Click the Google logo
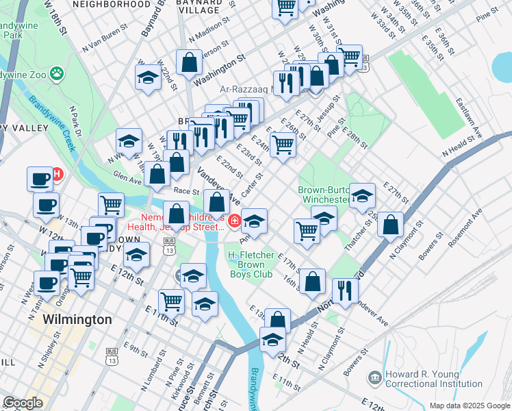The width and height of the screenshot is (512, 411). pyautogui.click(x=22, y=403)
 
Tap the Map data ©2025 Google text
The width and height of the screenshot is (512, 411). pyautogui.click(x=470, y=406)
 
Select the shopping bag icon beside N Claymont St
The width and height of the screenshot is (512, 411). pyautogui.click(x=390, y=226)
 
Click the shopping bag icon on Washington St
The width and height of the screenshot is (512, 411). pyautogui.click(x=188, y=63)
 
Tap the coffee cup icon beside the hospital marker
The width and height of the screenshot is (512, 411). pyautogui.click(x=40, y=179)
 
